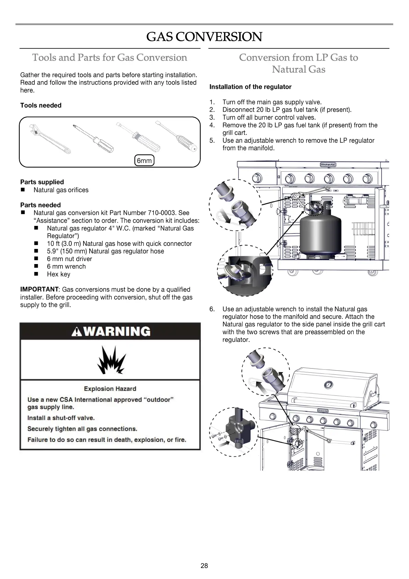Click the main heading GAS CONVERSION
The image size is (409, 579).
[x=204, y=37]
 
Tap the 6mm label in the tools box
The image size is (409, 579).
[x=144, y=161]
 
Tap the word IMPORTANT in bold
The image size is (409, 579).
[x=39, y=289]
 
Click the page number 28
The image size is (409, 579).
[x=204, y=566]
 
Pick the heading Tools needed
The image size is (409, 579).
[x=41, y=106]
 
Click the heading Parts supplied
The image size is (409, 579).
[x=42, y=182]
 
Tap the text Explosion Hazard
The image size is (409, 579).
[x=110, y=389]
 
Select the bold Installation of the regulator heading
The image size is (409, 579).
[x=250, y=87]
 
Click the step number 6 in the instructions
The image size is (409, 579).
[x=212, y=309]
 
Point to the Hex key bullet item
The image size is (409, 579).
[x=58, y=274]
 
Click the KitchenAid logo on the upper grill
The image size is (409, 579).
[x=328, y=165]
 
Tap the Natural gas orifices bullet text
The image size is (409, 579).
[x=61, y=190]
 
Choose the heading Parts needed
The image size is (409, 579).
[x=41, y=205]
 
